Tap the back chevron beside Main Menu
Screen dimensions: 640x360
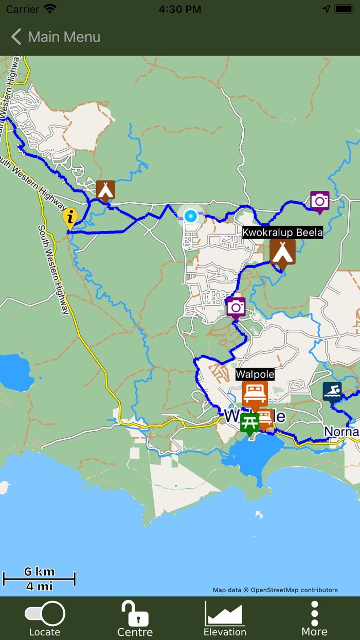(16, 37)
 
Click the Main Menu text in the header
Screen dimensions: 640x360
(64, 37)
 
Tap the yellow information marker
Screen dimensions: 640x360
(70, 218)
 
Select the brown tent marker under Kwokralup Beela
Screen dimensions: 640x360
(282, 253)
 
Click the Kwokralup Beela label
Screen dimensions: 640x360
(283, 232)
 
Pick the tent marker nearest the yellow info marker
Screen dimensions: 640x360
(105, 189)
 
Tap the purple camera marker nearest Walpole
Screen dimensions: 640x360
(236, 307)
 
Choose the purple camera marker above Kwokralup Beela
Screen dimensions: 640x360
(319, 201)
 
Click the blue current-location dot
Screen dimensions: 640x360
(191, 216)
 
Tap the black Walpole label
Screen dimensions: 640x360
(255, 374)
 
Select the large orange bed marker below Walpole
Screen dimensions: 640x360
(255, 394)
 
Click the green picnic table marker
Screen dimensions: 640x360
(250, 423)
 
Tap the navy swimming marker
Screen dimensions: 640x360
(332, 392)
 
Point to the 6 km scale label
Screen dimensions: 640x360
(39, 572)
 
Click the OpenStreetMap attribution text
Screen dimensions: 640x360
(275, 590)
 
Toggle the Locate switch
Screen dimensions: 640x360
(45, 614)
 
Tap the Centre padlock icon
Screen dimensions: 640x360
(135, 614)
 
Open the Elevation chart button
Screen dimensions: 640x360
(225, 614)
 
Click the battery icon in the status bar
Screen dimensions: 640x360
(344, 9)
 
